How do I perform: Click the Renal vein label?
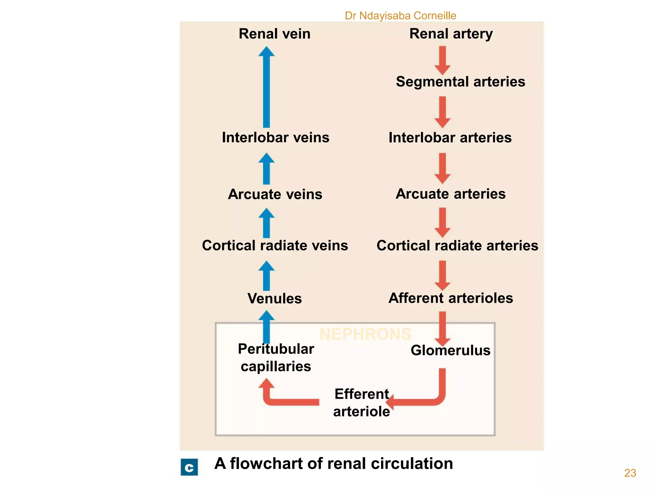274,34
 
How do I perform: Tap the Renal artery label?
451,34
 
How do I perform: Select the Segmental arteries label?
460,82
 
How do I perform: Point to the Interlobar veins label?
275,137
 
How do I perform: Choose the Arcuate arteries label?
450,194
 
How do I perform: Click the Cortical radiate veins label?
275,246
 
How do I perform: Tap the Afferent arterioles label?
450,298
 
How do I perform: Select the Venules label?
274,299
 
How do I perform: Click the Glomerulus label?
450,350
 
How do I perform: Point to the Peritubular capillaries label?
276,358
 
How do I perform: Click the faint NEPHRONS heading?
365,334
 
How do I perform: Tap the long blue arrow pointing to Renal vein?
266,88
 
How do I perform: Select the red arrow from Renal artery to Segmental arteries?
442,60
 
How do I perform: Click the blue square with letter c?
189,467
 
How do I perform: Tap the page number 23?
630,473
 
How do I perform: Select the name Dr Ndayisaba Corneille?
400,16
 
